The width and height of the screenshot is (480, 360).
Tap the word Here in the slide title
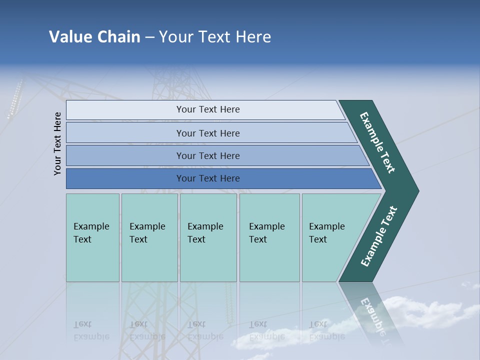pyautogui.click(x=253, y=37)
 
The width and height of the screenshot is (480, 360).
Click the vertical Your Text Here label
pyautogui.click(x=57, y=143)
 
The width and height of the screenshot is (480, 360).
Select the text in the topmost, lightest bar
pyautogui.click(x=208, y=109)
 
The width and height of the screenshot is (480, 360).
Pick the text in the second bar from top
pyautogui.click(x=208, y=133)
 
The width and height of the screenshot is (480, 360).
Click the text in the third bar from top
pyautogui.click(x=208, y=156)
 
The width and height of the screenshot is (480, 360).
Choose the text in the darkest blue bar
pyautogui.click(x=208, y=178)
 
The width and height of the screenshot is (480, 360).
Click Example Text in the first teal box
pyautogui.click(x=91, y=233)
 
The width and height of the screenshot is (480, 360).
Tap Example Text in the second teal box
pyautogui.click(x=147, y=233)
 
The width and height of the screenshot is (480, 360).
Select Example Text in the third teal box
pyautogui.click(x=205, y=233)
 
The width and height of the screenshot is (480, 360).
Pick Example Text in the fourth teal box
pyautogui.click(x=266, y=233)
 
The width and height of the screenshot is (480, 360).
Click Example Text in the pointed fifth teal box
pyautogui.click(x=326, y=233)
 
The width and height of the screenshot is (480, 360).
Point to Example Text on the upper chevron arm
pyautogui.click(x=377, y=142)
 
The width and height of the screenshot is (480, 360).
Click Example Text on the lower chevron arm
pyautogui.click(x=378, y=236)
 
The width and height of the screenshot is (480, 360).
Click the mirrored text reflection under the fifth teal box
pyautogui.click(x=326, y=330)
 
